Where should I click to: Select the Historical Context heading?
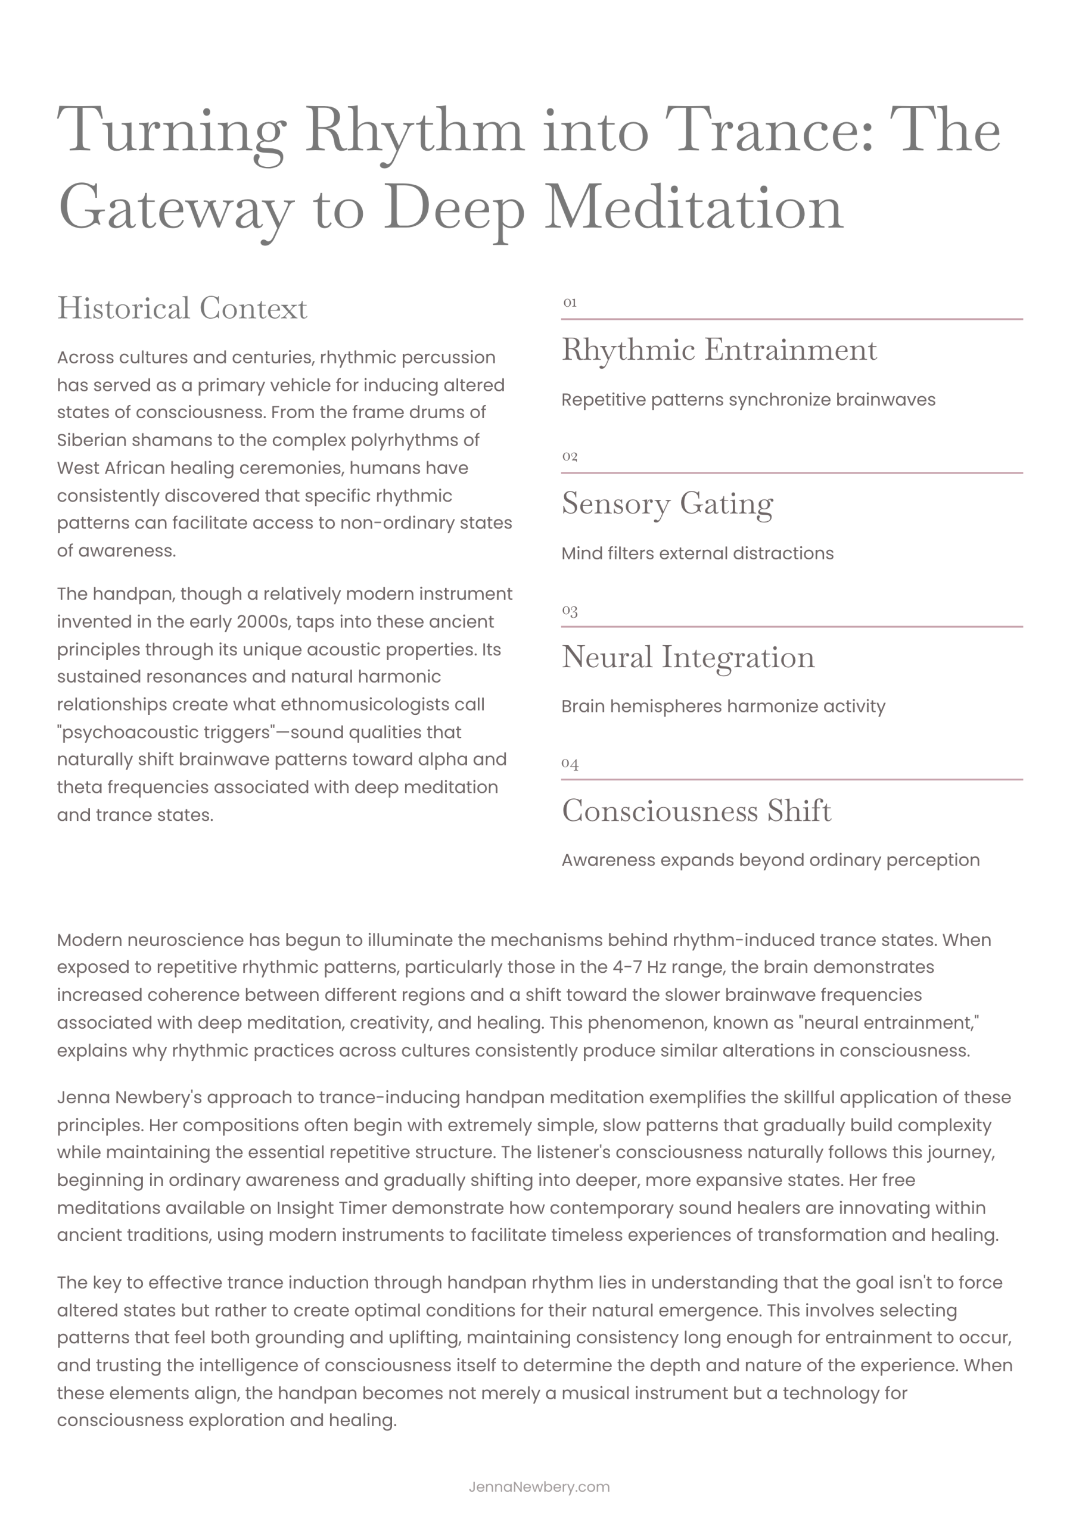(182, 308)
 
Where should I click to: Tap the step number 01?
(570, 303)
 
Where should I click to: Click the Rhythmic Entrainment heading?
(719, 350)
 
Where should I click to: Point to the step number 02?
(570, 456)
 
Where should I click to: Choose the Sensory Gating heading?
(667, 503)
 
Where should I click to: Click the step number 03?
(570, 610)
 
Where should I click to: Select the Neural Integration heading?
(688, 657)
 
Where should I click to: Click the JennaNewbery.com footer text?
(539, 1487)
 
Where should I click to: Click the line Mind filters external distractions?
(697, 553)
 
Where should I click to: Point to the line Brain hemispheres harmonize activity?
(723, 706)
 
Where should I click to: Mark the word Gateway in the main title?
(175, 208)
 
